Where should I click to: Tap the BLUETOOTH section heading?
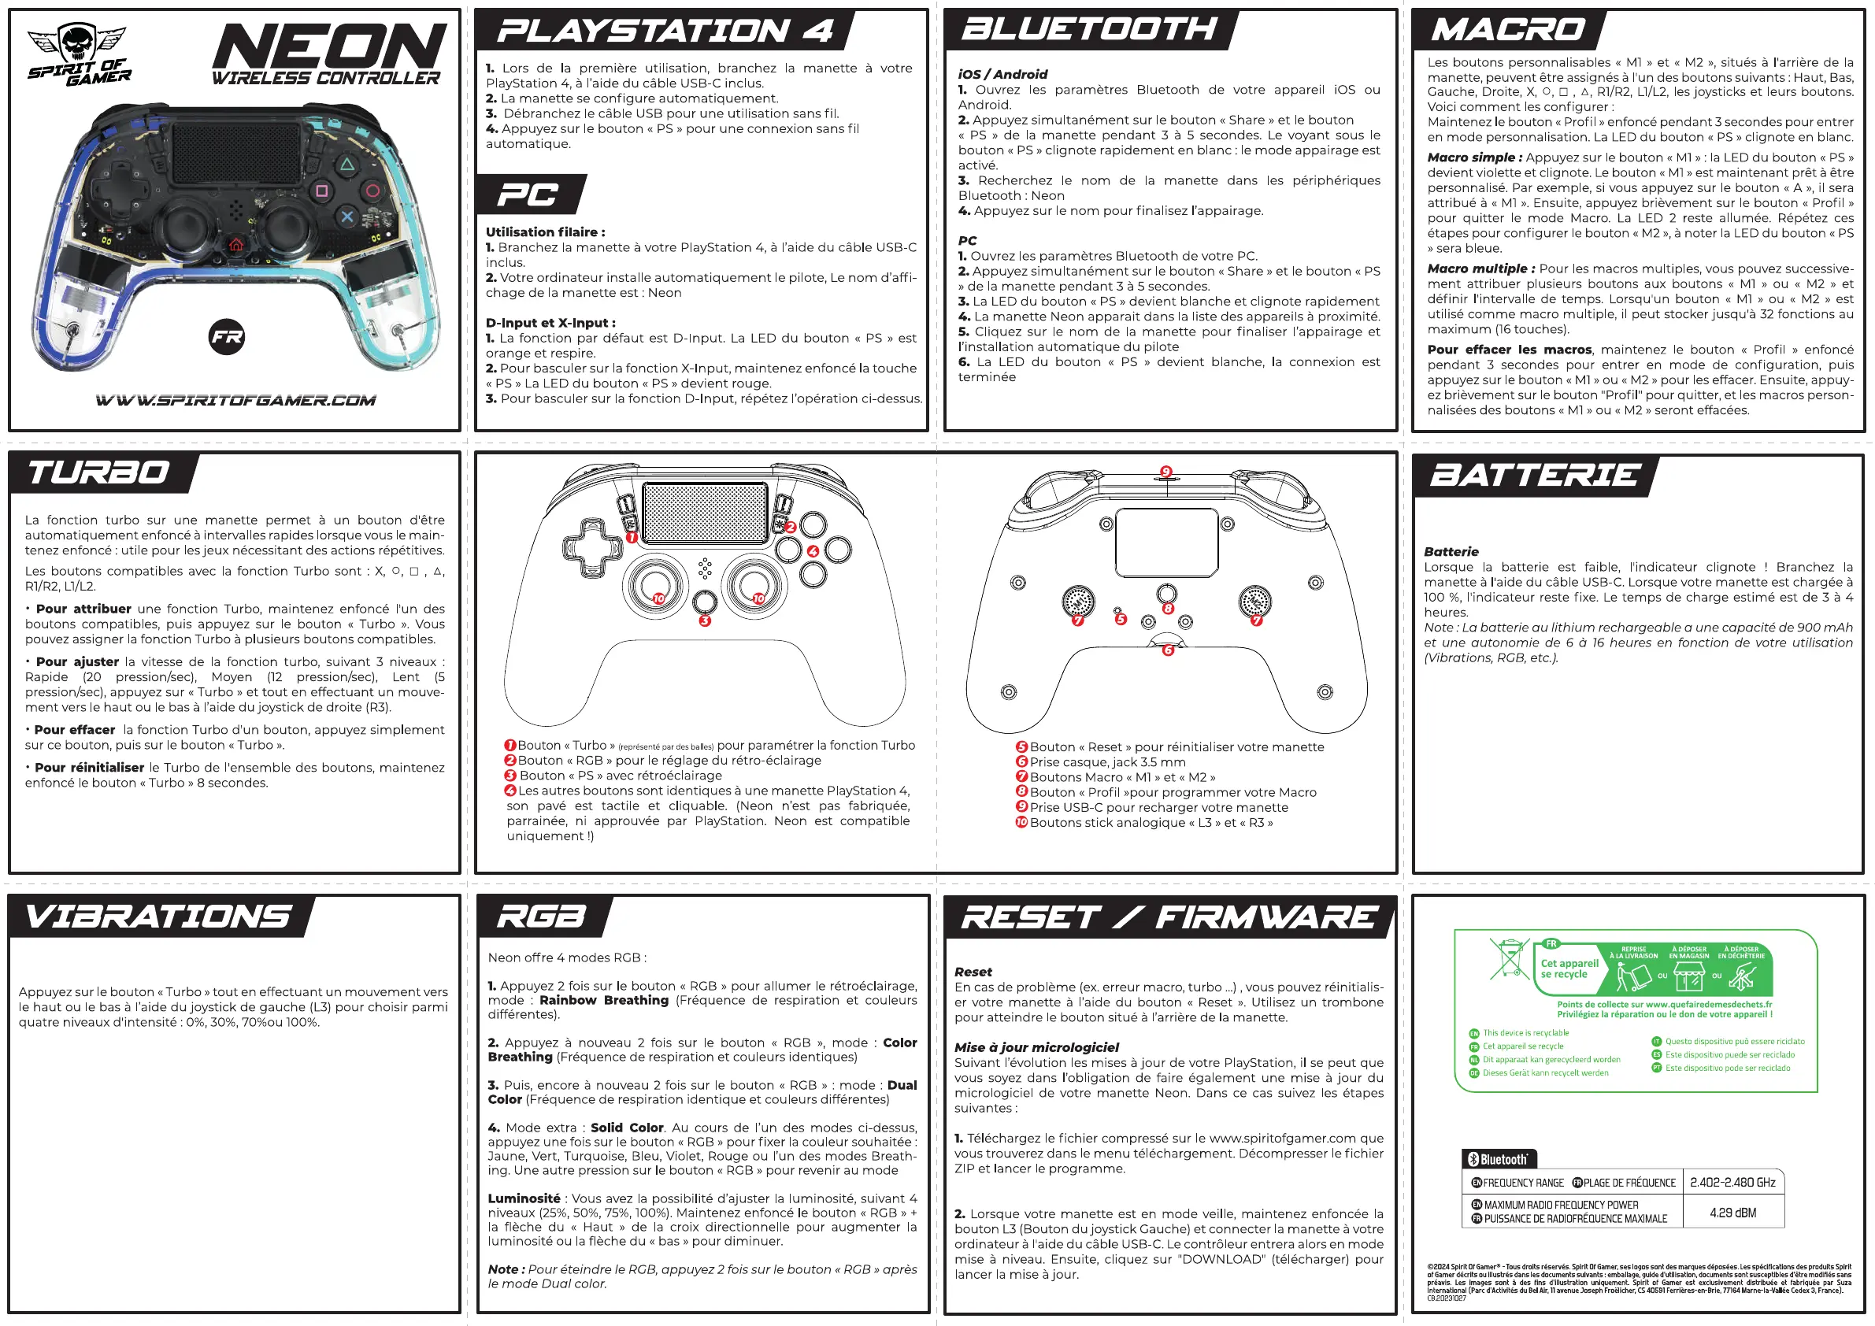point(1088,29)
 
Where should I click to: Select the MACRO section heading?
point(1507,30)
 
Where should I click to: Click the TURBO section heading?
point(98,472)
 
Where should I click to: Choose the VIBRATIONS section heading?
point(157,916)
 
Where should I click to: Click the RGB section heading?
point(542,916)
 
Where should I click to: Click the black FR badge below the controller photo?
point(227,336)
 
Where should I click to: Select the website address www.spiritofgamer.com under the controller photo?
point(236,400)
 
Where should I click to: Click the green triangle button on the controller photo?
point(347,164)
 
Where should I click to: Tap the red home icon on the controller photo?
point(236,244)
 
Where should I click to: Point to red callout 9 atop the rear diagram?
point(1166,472)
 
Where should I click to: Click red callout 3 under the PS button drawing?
point(705,620)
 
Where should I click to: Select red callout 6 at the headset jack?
point(1168,650)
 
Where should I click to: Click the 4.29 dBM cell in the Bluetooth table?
point(1733,1213)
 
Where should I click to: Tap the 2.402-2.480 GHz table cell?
point(1733,1182)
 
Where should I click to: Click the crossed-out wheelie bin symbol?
point(1509,958)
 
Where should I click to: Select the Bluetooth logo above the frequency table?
point(1499,1158)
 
